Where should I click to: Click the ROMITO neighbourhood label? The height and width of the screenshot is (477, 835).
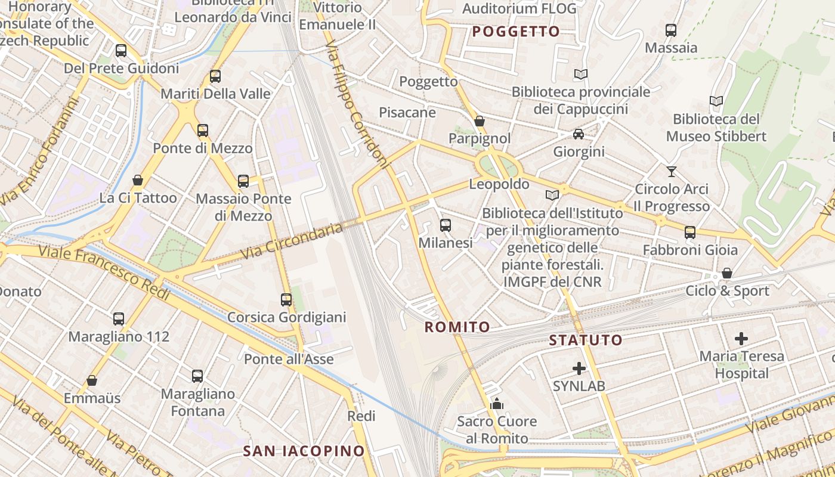[457, 327]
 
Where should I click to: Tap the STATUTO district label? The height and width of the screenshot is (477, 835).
[586, 340]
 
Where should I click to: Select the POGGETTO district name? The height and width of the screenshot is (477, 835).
[517, 32]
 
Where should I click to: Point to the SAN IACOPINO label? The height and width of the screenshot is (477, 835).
[304, 451]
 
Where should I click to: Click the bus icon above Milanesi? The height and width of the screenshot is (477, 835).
[446, 225]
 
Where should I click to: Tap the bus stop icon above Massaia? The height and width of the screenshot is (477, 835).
[671, 30]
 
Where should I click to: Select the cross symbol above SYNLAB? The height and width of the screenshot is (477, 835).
[579, 368]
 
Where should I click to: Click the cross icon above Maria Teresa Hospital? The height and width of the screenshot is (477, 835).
[741, 339]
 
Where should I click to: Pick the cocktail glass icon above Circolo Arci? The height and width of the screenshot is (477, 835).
[672, 172]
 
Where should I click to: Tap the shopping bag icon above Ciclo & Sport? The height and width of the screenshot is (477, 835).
[727, 273]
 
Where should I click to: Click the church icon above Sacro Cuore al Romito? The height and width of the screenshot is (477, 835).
[497, 404]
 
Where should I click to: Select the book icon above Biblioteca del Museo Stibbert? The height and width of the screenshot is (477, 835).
[716, 101]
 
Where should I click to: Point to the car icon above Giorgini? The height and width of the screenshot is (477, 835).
[579, 134]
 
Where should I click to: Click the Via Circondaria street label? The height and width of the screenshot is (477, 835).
[292, 241]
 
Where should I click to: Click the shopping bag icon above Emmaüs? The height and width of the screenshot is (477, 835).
[92, 380]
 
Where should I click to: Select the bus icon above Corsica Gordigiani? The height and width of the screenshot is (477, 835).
[286, 300]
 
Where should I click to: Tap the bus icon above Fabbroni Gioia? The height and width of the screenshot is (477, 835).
[690, 233]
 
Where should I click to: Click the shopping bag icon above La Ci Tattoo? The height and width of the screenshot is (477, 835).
[138, 180]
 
